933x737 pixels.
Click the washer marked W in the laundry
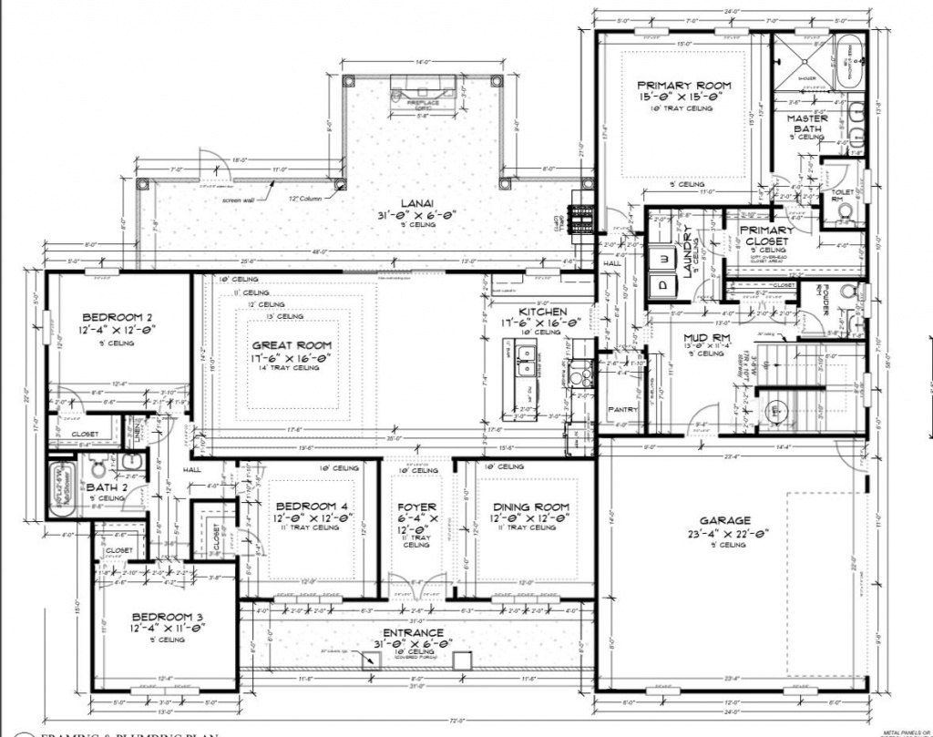[662, 258]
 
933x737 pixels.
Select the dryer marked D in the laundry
[662, 283]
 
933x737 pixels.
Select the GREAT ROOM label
[291, 346]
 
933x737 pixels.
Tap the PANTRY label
[621, 410]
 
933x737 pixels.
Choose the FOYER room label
[416, 507]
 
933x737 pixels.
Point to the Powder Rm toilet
[847, 292]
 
